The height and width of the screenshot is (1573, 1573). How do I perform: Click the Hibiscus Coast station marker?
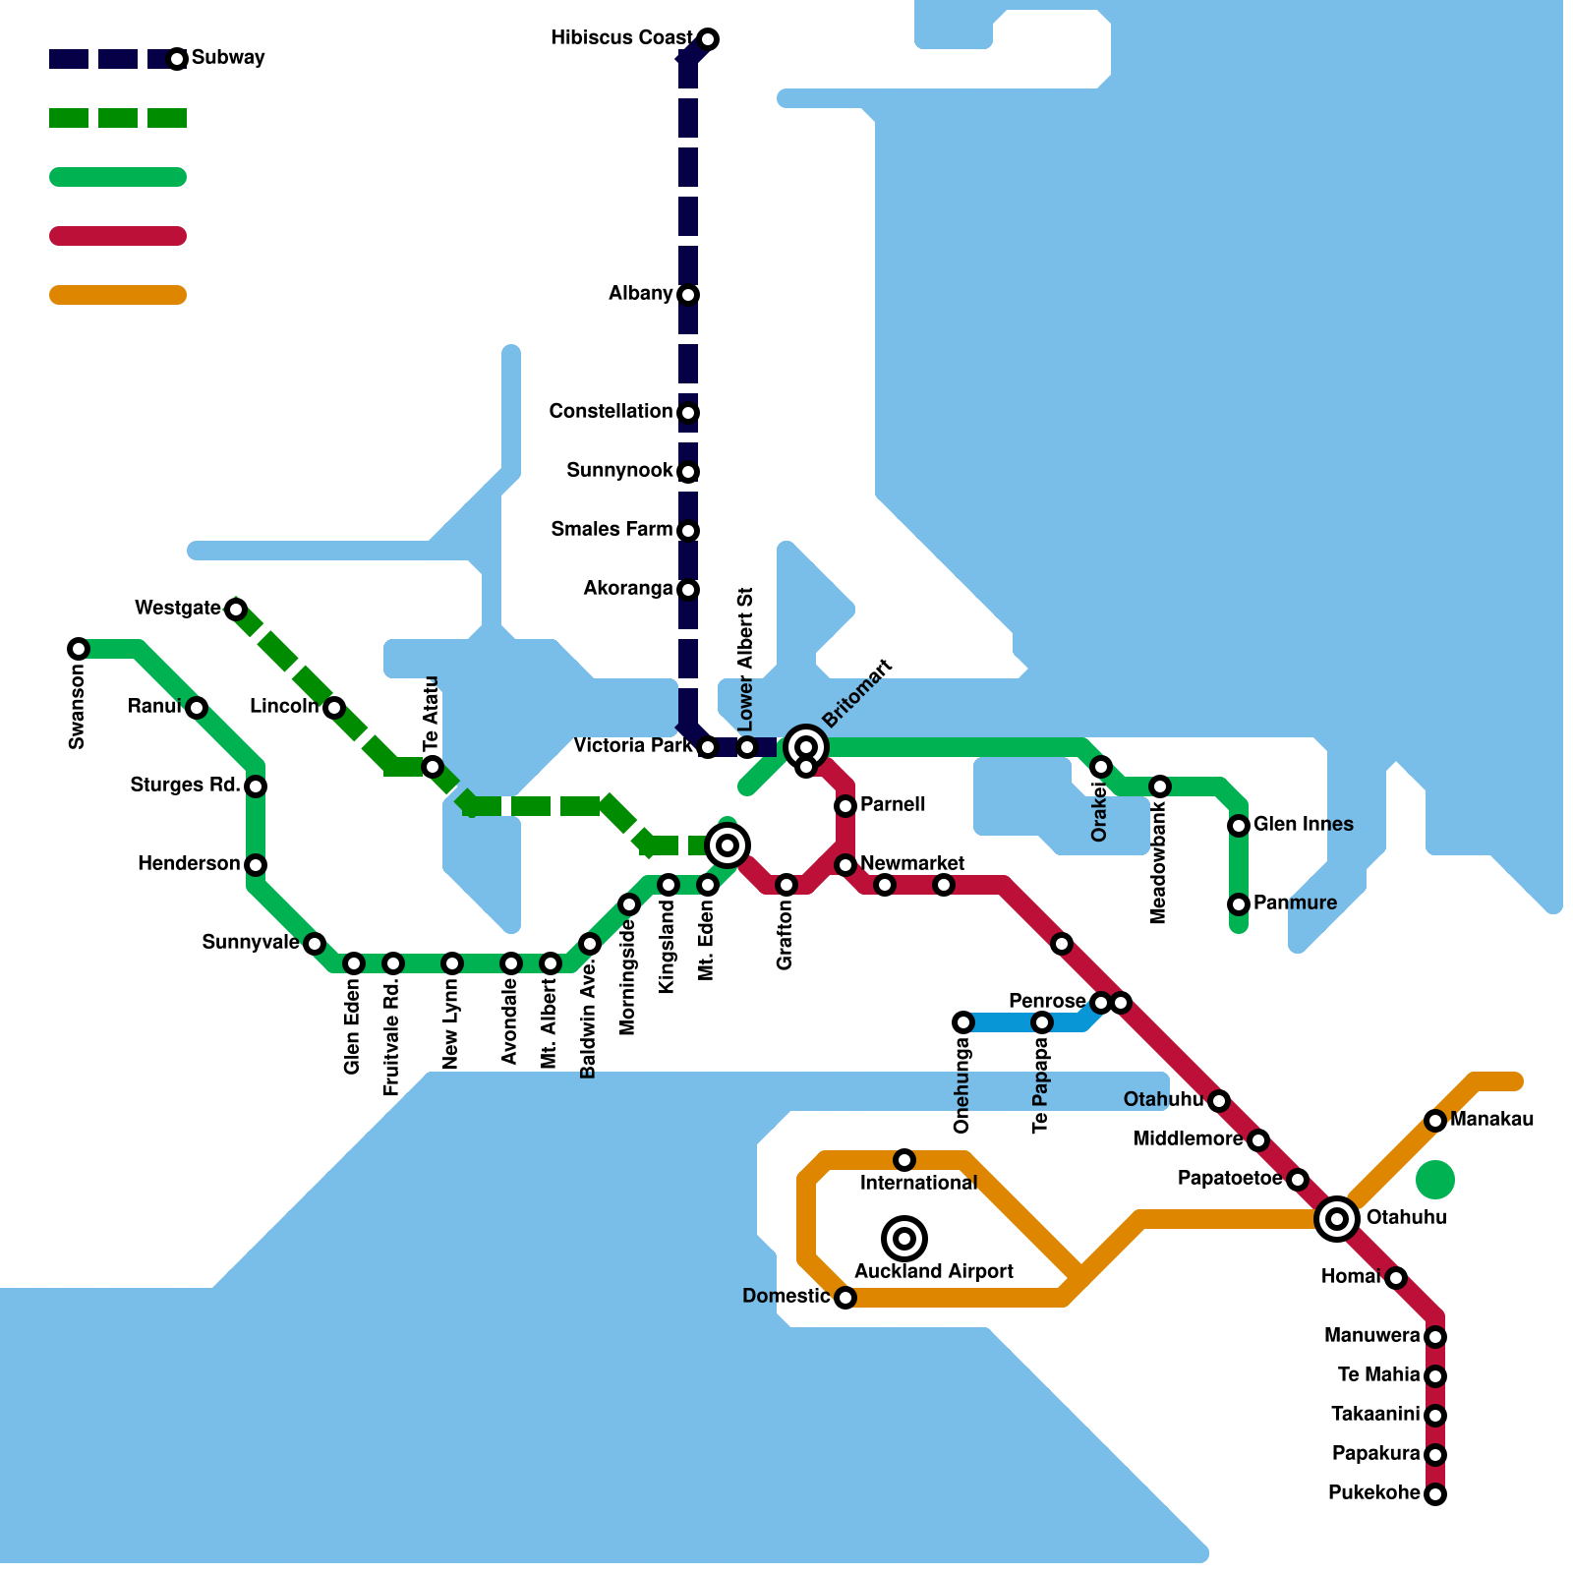pos(708,39)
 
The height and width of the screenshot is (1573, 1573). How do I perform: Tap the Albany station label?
pos(640,294)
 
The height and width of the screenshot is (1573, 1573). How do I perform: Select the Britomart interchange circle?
pos(806,747)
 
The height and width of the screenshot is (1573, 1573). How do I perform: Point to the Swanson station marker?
pos(79,649)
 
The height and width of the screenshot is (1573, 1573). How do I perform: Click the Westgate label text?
pos(178,609)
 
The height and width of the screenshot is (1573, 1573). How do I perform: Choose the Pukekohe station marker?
pos(1435,1494)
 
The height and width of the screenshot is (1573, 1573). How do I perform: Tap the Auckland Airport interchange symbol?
pos(904,1238)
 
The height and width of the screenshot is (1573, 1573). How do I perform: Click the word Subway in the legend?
pos(228,58)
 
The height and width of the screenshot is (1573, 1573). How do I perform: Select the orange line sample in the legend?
pos(118,295)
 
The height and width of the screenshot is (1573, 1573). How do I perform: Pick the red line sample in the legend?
pos(118,236)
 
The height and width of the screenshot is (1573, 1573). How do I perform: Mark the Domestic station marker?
pos(845,1298)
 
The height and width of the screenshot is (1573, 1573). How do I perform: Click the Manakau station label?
pos(1491,1120)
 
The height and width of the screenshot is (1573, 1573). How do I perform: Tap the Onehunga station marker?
pos(963,1022)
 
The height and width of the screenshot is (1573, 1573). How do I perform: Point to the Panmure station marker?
pos(1239,904)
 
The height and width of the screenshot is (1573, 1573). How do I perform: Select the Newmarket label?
pos(911,863)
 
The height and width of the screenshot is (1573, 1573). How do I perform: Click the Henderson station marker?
pos(256,865)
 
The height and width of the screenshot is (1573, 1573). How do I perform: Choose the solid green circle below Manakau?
pos(1435,1180)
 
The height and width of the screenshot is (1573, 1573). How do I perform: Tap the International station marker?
pos(904,1160)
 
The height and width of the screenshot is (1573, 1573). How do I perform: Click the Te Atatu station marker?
pos(433,767)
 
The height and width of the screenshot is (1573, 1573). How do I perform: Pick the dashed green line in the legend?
pos(118,118)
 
